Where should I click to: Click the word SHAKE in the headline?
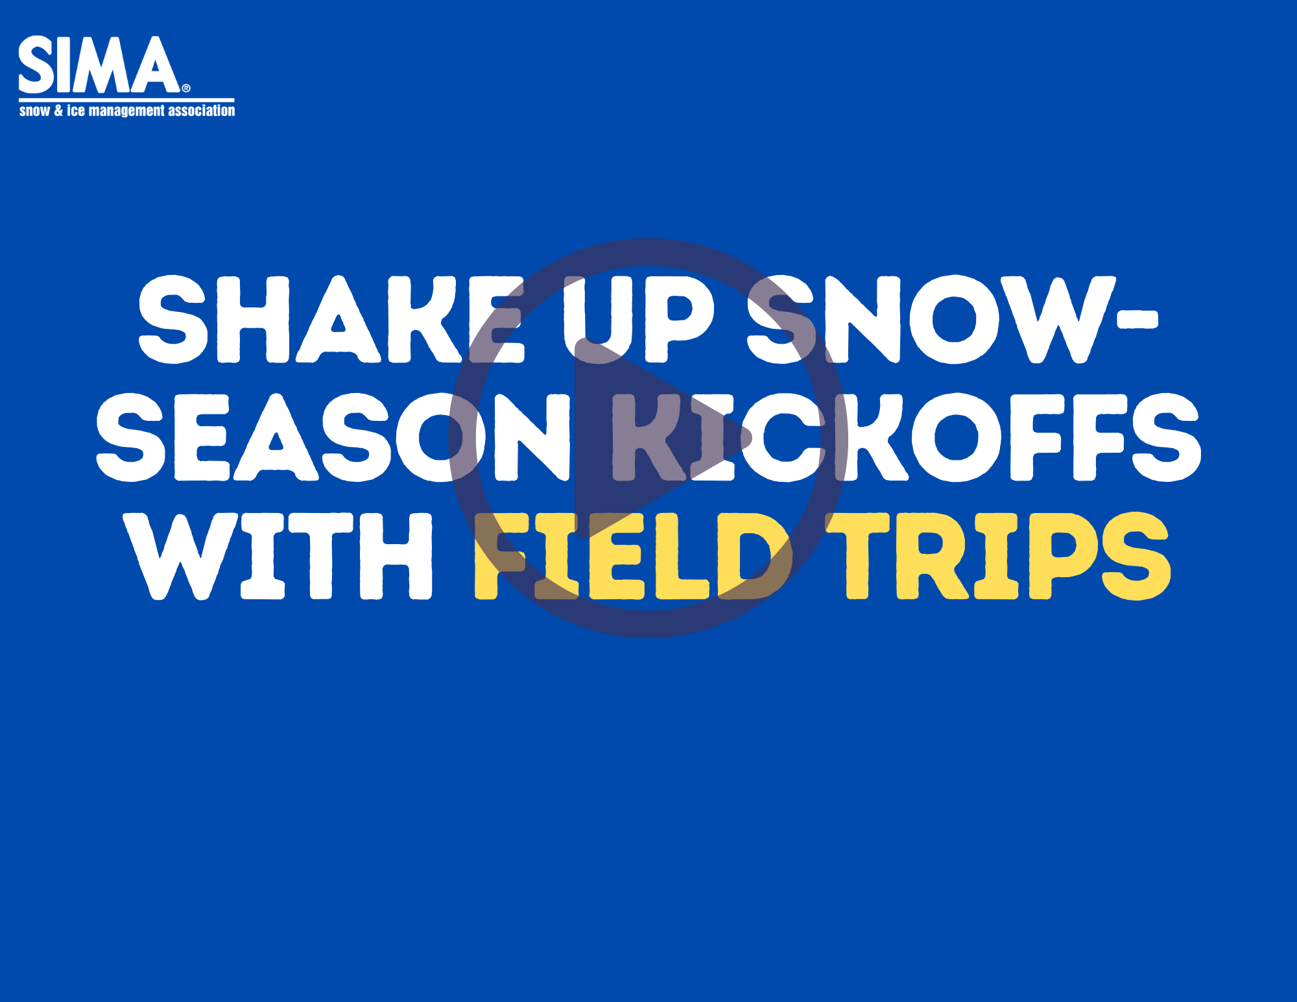click(331, 320)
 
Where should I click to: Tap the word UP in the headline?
click(639, 320)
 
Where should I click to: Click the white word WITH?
click(279, 556)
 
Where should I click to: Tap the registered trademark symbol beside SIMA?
click(186, 88)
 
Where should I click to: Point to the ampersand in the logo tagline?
click(58, 111)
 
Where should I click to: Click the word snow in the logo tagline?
click(34, 111)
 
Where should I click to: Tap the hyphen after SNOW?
click(1138, 320)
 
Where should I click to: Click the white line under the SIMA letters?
click(126, 100)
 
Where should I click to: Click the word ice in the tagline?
click(76, 111)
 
